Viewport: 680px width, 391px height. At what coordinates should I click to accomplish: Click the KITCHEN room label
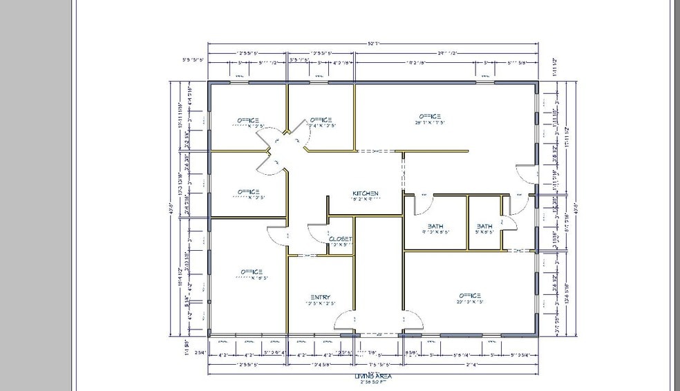(x=366, y=193)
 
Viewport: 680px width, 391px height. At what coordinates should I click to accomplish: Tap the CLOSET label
(x=340, y=239)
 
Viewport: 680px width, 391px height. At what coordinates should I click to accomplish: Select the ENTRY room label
(x=321, y=297)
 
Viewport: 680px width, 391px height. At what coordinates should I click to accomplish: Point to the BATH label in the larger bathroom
(x=435, y=226)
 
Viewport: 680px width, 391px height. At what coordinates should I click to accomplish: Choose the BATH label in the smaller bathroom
(x=484, y=226)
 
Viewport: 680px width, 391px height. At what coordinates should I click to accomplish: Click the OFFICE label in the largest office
(x=429, y=117)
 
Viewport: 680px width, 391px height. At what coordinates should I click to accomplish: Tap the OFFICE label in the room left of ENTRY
(x=251, y=271)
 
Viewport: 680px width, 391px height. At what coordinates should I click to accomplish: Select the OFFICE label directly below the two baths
(x=468, y=296)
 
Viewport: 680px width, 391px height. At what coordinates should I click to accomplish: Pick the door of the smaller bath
(x=509, y=220)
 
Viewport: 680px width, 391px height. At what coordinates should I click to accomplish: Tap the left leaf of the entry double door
(x=344, y=320)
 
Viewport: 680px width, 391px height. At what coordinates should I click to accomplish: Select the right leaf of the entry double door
(x=412, y=320)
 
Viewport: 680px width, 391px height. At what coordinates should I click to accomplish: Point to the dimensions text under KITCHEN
(x=366, y=200)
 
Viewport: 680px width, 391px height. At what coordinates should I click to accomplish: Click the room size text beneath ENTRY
(x=321, y=304)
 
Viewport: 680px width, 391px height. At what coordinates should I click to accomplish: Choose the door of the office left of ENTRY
(x=278, y=235)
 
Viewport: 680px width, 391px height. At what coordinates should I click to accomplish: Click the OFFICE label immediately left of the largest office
(x=321, y=119)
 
